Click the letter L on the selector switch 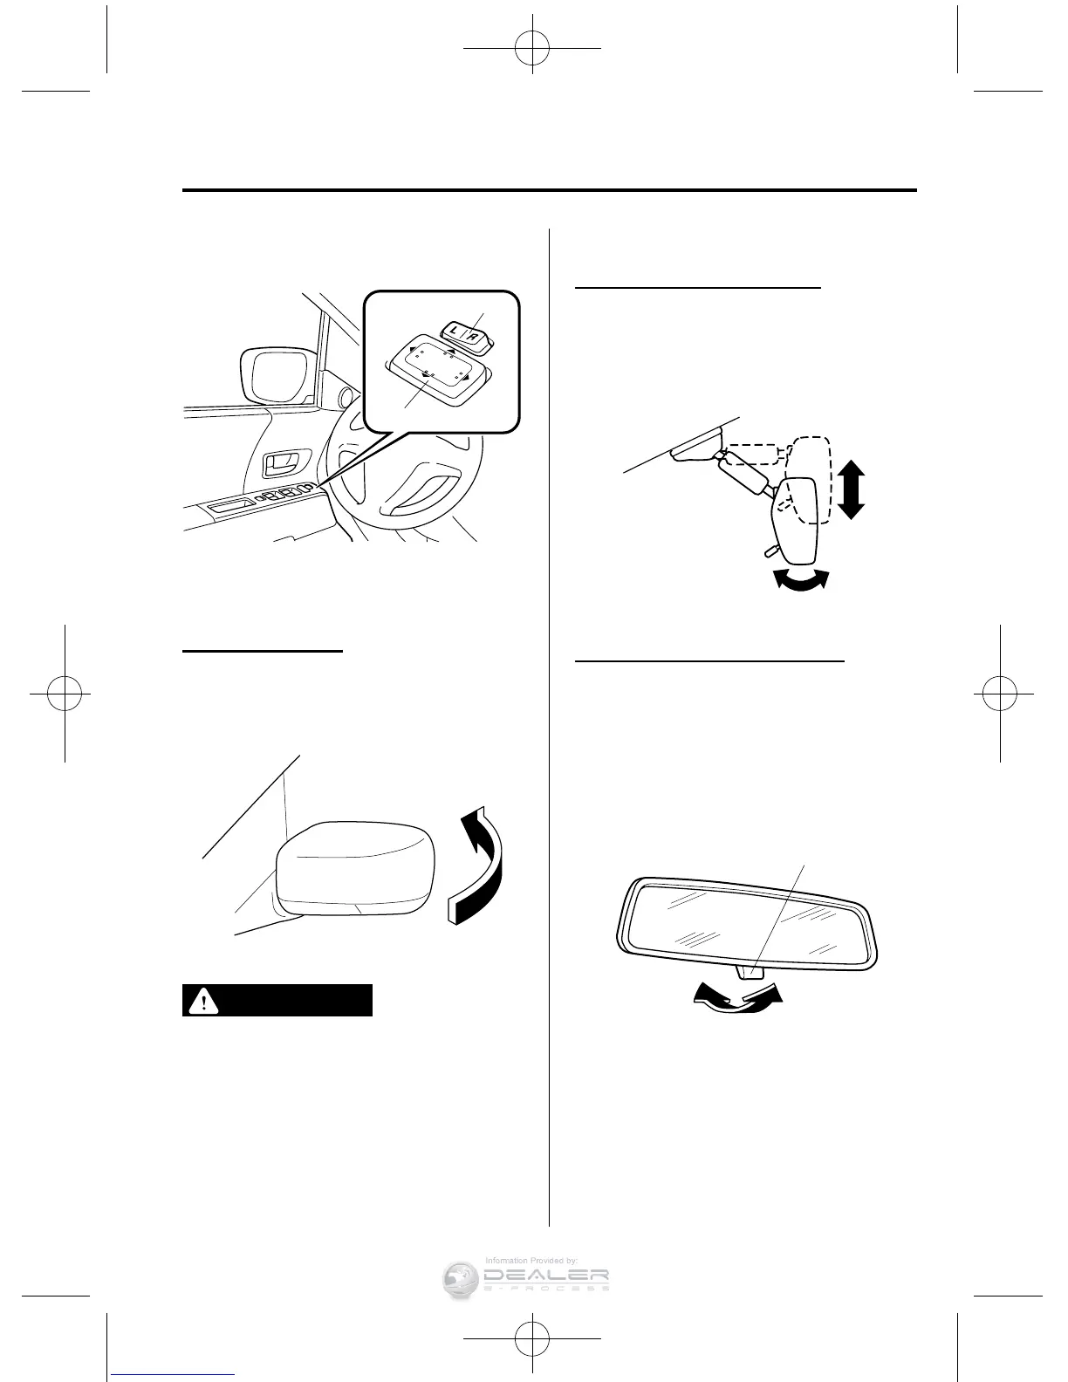coord(454,332)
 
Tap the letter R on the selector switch coord(472,332)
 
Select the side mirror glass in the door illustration coord(272,376)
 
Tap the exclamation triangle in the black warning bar coord(204,1001)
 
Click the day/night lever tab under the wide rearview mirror coord(750,971)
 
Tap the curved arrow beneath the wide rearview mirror coord(735,997)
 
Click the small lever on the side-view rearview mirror coord(769,550)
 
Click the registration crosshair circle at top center coord(533,51)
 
